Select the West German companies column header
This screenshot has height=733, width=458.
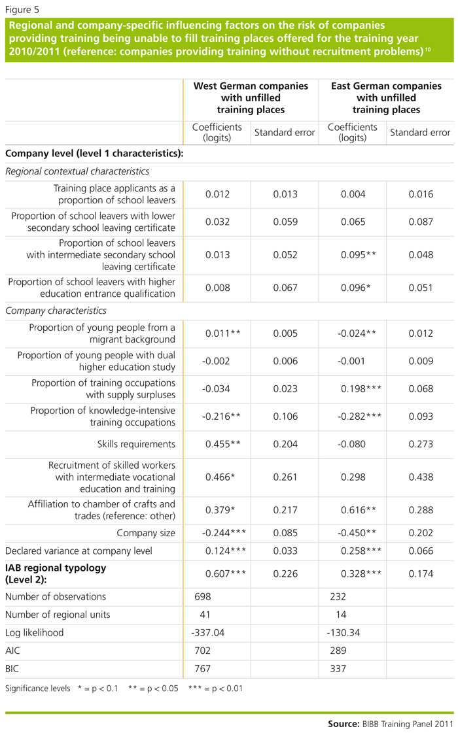251,97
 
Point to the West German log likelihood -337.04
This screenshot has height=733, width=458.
212,634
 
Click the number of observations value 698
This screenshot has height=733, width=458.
205,596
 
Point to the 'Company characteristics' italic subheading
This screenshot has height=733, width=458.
56,311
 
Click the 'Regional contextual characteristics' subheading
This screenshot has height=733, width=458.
77,171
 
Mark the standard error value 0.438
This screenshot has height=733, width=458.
419,477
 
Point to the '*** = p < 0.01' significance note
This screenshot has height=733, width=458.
215,689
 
